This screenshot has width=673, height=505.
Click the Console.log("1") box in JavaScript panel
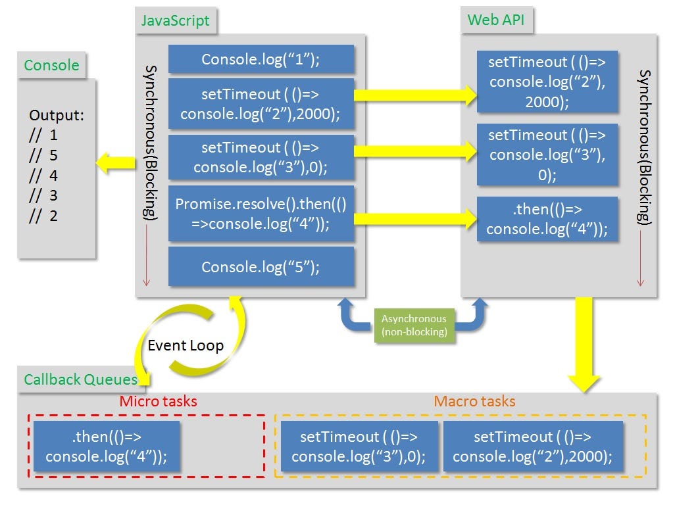tap(261, 60)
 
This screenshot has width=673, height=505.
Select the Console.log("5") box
tap(261, 267)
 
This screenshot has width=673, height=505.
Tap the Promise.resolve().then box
tap(261, 214)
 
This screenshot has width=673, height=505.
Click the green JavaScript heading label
tap(176, 20)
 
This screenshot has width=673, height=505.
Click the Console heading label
tap(51, 65)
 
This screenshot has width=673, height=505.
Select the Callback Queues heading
tap(80, 379)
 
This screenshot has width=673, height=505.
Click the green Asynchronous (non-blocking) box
tap(414, 325)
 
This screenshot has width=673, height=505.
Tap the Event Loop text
tap(186, 345)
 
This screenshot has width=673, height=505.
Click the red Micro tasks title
tap(158, 401)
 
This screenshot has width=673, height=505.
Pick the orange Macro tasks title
tap(474, 401)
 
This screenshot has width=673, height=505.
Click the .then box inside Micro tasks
tap(107, 447)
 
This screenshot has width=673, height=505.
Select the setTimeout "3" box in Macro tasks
tap(359, 447)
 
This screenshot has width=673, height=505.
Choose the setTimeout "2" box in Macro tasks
tap(533, 447)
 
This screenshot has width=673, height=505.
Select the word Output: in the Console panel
tap(57, 116)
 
